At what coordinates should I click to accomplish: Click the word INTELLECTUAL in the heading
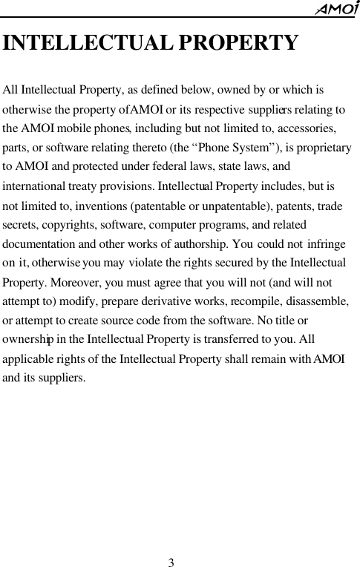[x=87, y=42]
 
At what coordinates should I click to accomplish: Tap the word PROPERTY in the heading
[x=238, y=42]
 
